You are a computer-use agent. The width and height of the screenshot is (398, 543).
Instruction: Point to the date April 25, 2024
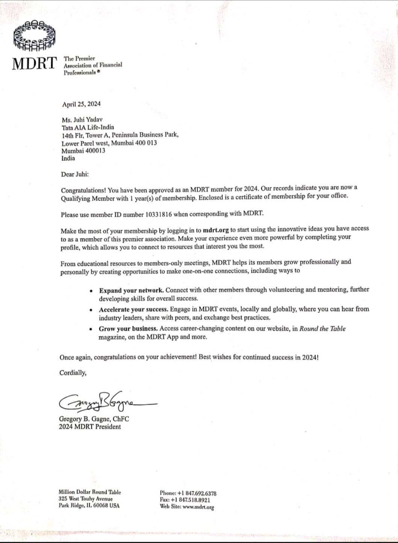click(81, 104)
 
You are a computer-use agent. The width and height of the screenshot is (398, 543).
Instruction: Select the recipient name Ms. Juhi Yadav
click(82, 120)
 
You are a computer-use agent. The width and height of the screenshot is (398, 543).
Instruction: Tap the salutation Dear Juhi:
click(75, 174)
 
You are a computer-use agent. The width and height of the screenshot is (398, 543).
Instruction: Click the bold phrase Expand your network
click(131, 291)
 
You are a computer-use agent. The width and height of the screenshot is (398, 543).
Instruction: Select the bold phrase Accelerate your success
click(133, 310)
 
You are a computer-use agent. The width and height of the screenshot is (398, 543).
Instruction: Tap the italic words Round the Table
click(322, 329)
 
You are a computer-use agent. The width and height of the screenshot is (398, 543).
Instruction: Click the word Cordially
click(73, 373)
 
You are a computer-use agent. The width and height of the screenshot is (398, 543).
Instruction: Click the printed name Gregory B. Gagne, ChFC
click(94, 419)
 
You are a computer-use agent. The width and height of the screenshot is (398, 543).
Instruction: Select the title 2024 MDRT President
click(90, 427)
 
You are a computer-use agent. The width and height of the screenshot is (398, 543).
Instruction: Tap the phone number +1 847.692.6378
click(197, 493)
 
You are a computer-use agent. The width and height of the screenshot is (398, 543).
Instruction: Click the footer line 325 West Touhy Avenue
click(85, 499)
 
